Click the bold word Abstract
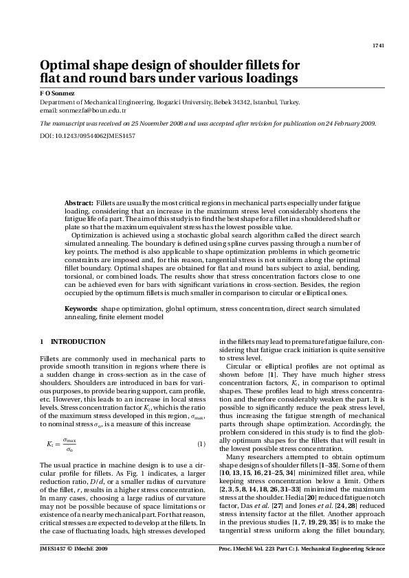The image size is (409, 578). [79, 205]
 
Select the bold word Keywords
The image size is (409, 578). [81, 310]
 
